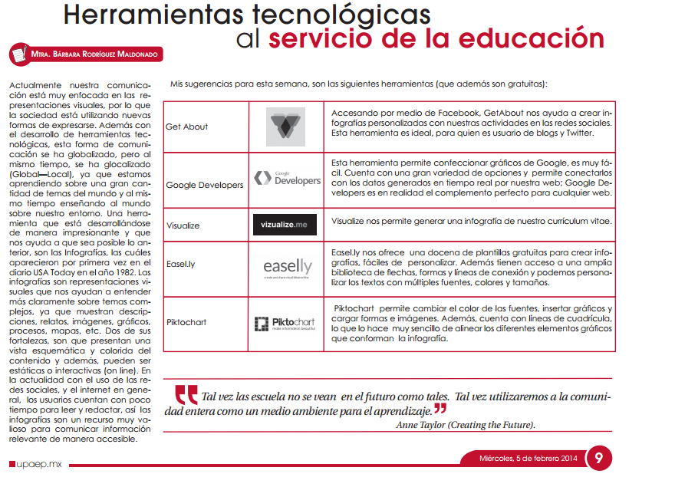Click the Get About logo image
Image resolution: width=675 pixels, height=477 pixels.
pos(286,127)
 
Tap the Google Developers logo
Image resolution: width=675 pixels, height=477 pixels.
pos(286,179)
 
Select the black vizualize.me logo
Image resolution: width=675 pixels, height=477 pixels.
pos(285,225)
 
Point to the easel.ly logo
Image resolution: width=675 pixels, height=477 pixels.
pos(286,268)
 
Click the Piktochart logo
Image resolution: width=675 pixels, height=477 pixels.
pos(286,324)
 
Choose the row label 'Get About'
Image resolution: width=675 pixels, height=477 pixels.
pos(186,127)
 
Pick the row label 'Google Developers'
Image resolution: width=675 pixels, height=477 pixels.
pos(204,185)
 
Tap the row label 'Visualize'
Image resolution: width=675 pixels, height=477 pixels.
pos(183,226)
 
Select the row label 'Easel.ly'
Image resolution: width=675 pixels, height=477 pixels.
pos(181,264)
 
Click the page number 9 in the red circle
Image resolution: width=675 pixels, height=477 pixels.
pos(600,459)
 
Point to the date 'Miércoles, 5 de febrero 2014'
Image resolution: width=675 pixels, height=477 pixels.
pos(528,459)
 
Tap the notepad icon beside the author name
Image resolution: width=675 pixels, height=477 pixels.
pos(18,55)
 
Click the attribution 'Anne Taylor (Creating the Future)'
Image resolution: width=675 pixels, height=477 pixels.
pos(466,424)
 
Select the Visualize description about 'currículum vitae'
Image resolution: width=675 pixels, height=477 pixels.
pos(471,221)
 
